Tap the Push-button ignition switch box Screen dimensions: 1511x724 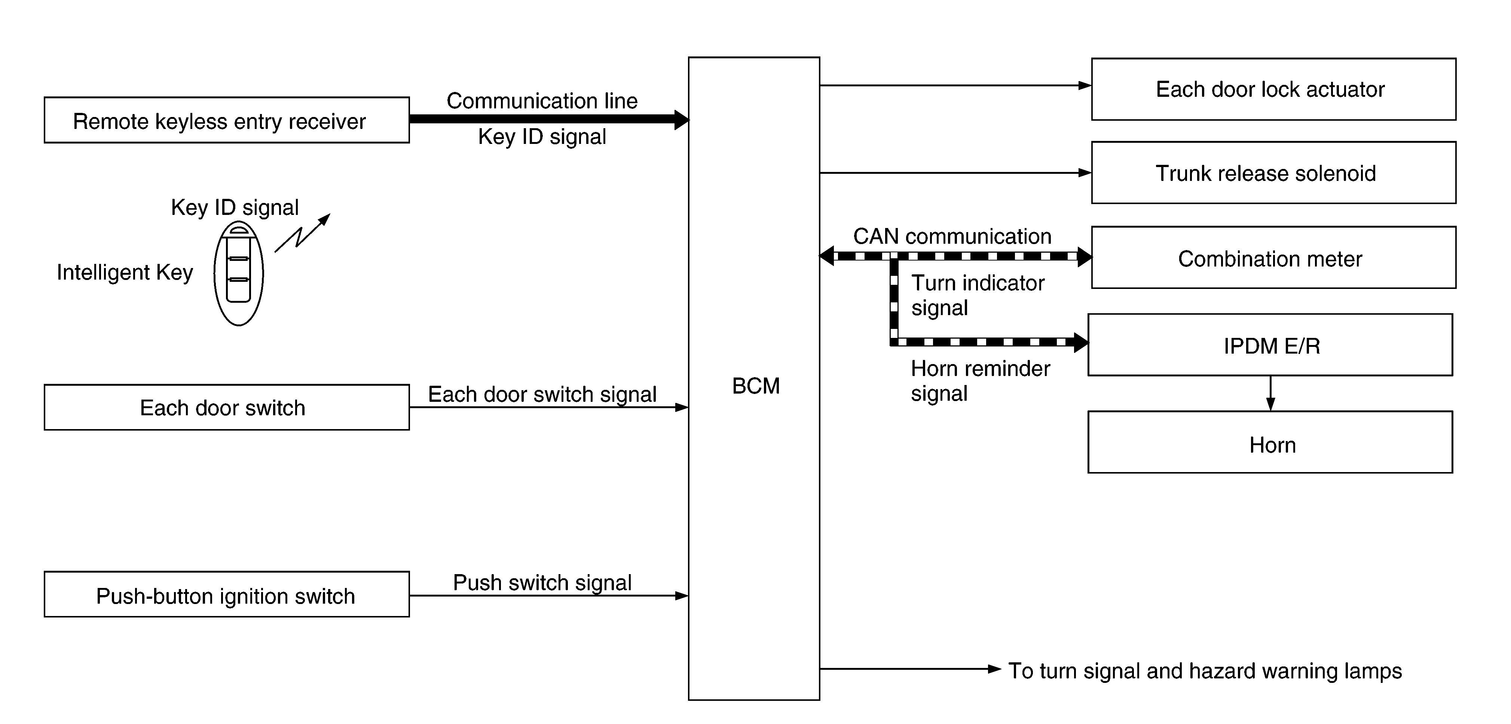pos(226,594)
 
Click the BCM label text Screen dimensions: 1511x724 pos(756,386)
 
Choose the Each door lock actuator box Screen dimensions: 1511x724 pos(1273,89)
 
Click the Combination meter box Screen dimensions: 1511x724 pos(1273,258)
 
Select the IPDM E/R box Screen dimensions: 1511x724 pos(1270,345)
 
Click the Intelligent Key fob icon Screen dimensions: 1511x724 pos(239,273)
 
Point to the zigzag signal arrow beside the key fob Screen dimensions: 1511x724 pos(302,233)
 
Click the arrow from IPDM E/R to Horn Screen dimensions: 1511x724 pos(1270,393)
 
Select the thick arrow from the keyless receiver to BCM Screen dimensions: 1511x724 pos(549,119)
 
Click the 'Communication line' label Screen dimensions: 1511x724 pos(542,101)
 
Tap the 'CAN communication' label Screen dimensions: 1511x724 pos(952,236)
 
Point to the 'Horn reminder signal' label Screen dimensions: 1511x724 pos(980,381)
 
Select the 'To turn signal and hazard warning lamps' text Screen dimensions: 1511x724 pos(1205,671)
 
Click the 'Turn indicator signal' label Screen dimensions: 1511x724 pos(978,295)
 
